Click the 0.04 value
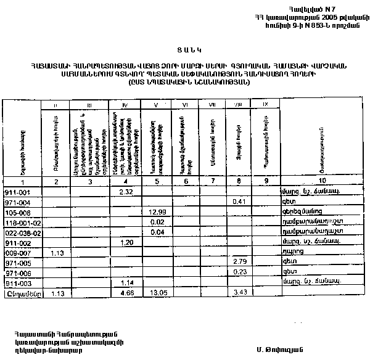(x=157, y=232)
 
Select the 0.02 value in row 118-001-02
(x=157, y=222)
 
